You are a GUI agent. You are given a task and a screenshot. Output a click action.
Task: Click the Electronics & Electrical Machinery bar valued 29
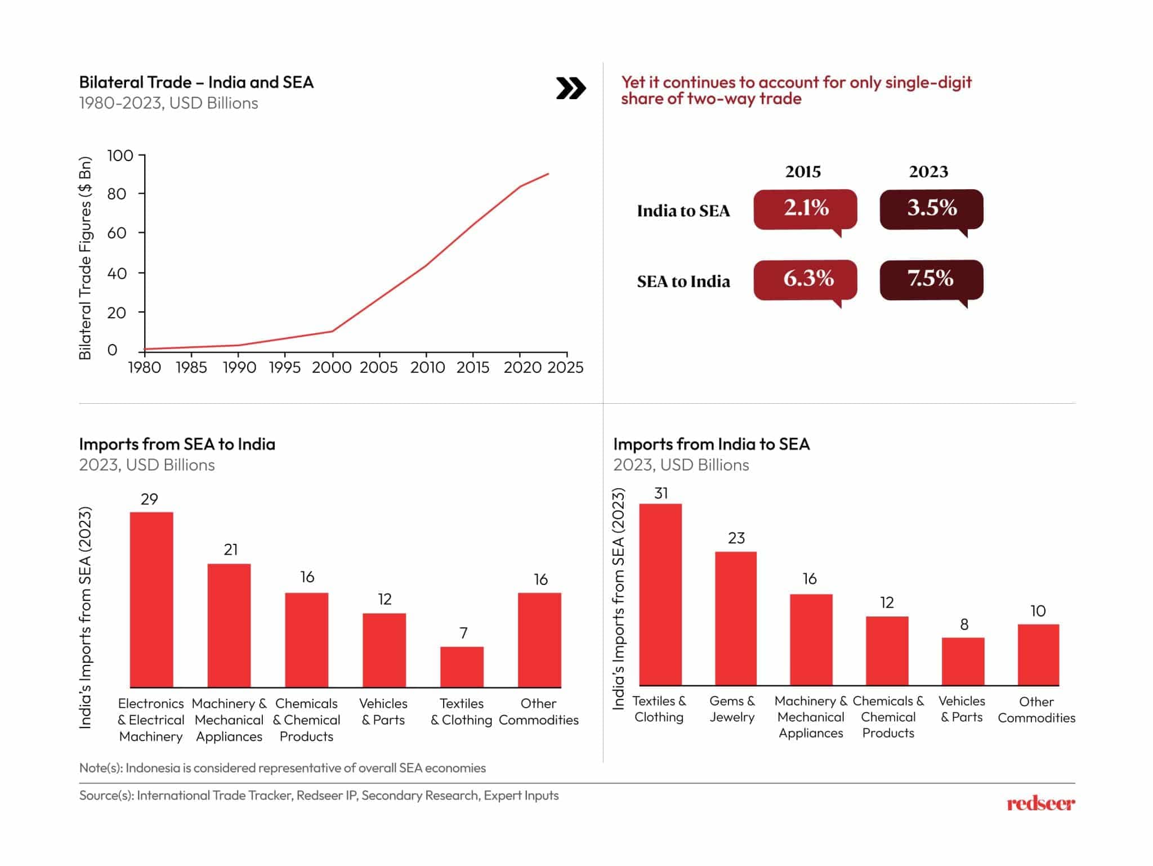click(151, 599)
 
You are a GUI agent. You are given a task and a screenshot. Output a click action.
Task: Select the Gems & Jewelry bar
click(736, 618)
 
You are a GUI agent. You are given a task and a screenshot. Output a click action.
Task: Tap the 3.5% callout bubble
click(931, 209)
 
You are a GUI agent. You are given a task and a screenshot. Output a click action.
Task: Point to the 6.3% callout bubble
click(805, 279)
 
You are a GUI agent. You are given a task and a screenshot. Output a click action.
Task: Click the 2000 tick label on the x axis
click(332, 368)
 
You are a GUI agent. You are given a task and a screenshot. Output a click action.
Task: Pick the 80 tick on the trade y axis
click(117, 194)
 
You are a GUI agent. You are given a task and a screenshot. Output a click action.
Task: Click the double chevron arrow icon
click(571, 88)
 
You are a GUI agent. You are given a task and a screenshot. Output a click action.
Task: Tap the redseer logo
click(1040, 803)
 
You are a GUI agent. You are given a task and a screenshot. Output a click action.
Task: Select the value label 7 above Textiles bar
click(463, 633)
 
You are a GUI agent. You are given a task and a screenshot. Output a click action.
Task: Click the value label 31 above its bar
click(661, 493)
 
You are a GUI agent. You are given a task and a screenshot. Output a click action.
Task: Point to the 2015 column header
click(803, 172)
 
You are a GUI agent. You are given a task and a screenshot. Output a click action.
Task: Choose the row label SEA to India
click(683, 282)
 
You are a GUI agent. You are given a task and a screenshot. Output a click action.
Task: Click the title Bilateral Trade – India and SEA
click(196, 83)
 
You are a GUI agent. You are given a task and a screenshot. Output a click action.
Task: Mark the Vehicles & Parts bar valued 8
click(963, 661)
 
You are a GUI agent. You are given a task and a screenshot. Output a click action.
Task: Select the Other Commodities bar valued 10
click(1038, 654)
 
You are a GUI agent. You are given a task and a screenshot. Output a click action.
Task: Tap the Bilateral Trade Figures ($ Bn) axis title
click(85, 258)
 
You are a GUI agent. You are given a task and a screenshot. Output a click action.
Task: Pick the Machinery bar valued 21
click(229, 625)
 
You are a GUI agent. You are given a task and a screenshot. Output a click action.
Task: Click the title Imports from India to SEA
click(711, 444)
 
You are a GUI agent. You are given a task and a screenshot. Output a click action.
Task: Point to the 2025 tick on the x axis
click(566, 368)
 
